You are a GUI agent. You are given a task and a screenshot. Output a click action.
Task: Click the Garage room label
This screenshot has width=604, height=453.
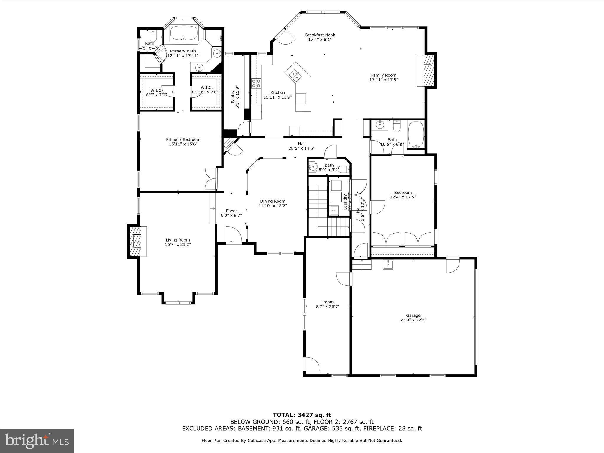(x=413, y=315)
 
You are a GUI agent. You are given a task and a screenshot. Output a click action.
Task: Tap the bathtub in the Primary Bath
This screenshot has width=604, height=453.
(x=184, y=33)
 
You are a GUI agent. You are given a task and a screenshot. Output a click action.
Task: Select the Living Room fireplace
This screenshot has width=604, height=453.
(x=137, y=241)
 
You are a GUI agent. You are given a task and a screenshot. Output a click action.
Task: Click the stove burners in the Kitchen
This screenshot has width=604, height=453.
(x=256, y=83)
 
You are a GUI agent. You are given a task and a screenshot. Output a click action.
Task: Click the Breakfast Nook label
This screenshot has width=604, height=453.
(x=320, y=35)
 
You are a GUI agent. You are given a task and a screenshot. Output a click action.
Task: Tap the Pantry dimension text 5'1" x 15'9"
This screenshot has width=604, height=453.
(x=237, y=97)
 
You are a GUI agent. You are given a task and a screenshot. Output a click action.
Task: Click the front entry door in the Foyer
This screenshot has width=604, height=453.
(x=234, y=235)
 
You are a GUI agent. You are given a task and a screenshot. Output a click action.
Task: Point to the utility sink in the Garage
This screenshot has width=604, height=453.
(x=388, y=264)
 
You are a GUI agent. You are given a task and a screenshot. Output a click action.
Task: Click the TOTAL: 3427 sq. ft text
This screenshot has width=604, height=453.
(x=302, y=415)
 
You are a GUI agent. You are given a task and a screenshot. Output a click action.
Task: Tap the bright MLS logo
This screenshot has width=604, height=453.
(x=37, y=441)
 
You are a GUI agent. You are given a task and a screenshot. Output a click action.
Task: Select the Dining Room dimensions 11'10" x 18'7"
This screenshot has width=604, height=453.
(x=273, y=206)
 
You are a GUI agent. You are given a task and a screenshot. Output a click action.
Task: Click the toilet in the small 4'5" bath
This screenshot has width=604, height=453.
(x=153, y=37)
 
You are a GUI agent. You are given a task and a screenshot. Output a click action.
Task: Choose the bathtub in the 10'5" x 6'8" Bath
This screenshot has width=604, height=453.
(x=416, y=134)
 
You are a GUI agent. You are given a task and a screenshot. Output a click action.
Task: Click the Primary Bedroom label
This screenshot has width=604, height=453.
(x=183, y=139)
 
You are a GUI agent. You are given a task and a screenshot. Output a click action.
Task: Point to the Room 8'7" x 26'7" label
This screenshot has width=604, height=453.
(x=328, y=302)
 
